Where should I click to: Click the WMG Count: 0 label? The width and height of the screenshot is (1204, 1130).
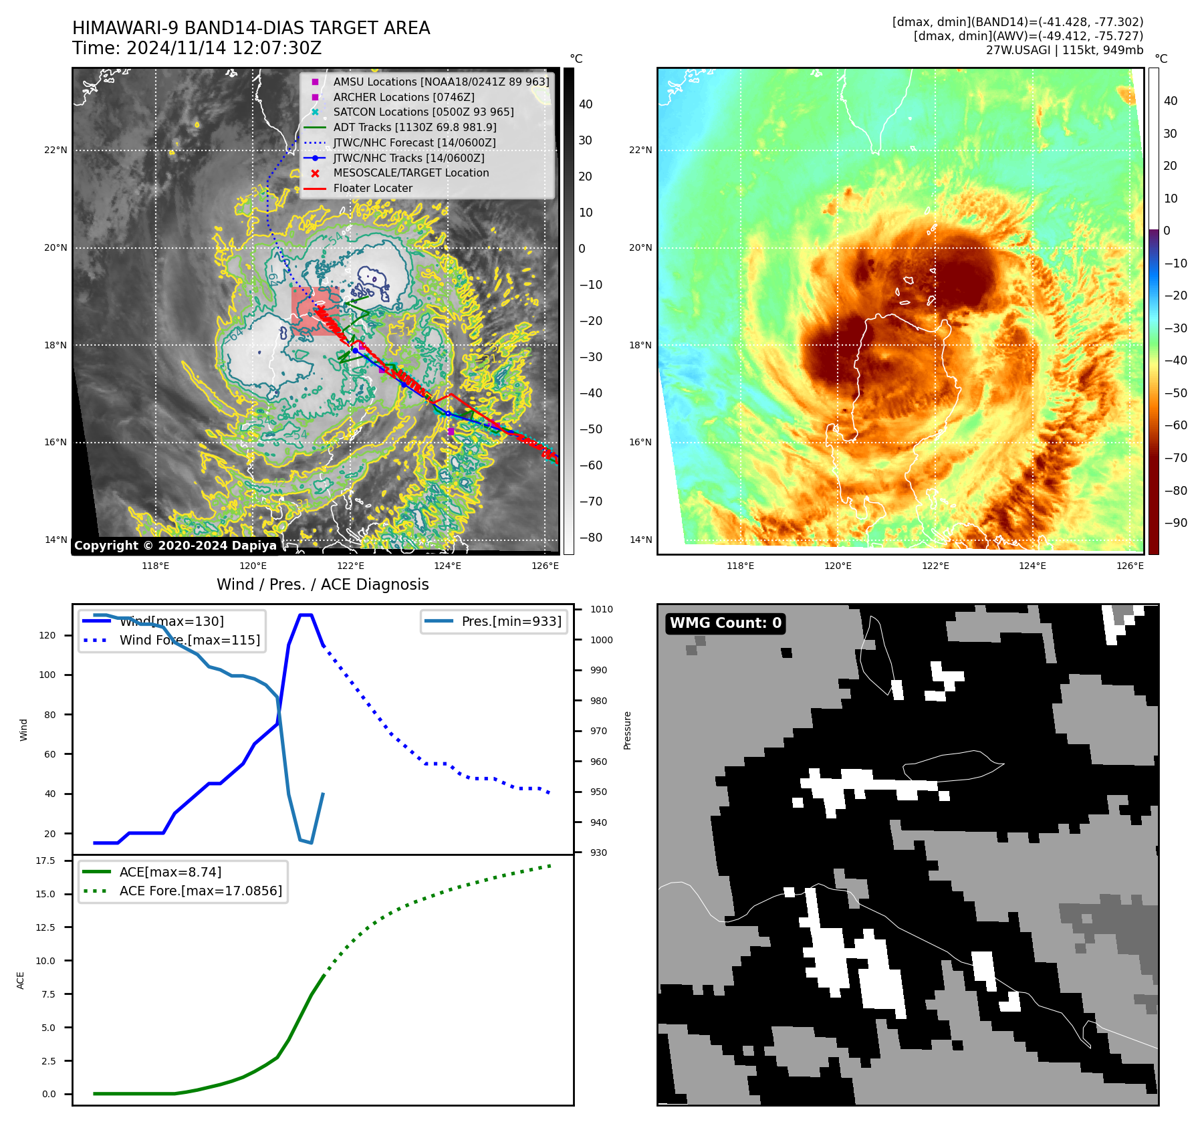[725, 623]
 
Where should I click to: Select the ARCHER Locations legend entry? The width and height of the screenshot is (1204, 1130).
[404, 97]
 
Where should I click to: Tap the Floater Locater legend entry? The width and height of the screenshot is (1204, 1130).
[372, 189]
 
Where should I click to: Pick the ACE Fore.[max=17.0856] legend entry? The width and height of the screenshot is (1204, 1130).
[201, 891]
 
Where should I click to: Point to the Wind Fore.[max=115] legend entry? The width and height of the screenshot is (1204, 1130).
[189, 640]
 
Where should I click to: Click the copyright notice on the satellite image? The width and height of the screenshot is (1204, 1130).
[175, 546]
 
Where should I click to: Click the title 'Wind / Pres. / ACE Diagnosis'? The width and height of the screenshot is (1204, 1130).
[322, 584]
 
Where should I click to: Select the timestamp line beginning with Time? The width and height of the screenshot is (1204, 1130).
[197, 48]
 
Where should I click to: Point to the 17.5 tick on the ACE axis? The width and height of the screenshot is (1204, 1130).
[45, 861]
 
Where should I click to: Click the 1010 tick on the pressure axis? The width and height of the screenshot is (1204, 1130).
[601, 609]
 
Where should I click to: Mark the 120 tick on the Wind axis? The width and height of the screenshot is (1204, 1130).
[47, 635]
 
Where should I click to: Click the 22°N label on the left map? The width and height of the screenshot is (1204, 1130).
[55, 150]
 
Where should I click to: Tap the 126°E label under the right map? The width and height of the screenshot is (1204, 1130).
[1130, 566]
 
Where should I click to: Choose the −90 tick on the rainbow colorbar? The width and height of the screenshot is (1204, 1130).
[1175, 523]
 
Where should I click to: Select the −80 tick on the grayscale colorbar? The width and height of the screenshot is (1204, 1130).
[590, 538]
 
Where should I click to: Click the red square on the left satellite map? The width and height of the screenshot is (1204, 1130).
[315, 311]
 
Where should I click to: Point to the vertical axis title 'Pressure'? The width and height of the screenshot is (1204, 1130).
[627, 730]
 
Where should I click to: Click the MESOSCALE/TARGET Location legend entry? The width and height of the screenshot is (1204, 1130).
[410, 173]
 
